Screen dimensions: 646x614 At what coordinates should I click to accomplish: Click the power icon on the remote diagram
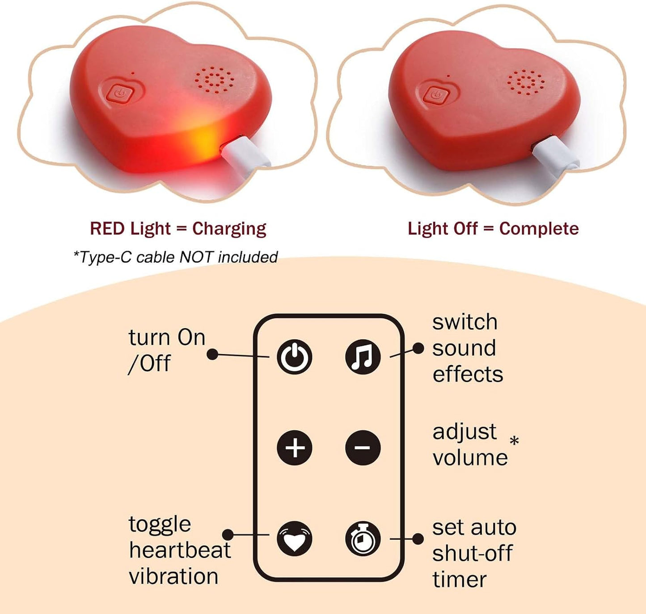click(x=294, y=357)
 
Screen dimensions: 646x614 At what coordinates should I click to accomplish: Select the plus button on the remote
click(x=294, y=448)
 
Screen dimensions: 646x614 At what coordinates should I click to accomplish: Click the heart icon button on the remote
click(x=294, y=539)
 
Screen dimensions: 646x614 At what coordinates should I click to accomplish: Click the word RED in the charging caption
click(x=107, y=229)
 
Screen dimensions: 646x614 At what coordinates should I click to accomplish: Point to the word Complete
click(x=539, y=229)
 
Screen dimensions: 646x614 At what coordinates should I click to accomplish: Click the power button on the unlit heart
click(x=436, y=96)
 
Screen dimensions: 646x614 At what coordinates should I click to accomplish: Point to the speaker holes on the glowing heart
click(x=214, y=80)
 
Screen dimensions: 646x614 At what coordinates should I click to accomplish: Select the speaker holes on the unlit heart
click(x=526, y=82)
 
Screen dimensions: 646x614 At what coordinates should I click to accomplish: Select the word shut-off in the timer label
click(x=472, y=553)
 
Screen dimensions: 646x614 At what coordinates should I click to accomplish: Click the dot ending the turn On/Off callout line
click(x=213, y=354)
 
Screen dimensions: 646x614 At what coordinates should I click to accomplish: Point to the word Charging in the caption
click(x=229, y=229)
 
